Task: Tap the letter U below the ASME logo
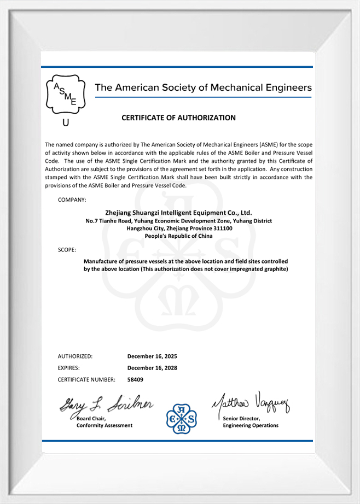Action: pos(66,124)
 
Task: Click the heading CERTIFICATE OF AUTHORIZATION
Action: pos(178,118)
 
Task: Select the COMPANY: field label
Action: pos(72,200)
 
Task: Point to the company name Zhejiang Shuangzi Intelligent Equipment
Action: pos(178,213)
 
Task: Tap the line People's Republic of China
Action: pos(178,236)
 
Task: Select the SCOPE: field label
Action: pos(67,250)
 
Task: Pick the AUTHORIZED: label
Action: pos(75,356)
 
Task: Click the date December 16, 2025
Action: pos(152,356)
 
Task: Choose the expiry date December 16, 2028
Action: pos(152,368)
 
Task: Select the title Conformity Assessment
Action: pos(104,426)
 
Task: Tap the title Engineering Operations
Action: pos(251,426)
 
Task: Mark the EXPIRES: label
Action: pos(69,368)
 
